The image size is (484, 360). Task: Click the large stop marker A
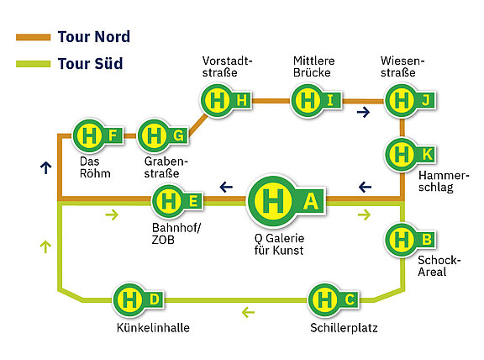pos(287,201)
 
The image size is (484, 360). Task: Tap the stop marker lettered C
pos(334,299)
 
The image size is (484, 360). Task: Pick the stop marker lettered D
pos(139,299)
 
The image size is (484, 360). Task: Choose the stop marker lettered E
pos(177,202)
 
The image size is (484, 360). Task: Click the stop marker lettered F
pos(98,135)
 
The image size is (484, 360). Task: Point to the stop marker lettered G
pos(163,135)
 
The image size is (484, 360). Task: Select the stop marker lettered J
pos(411,100)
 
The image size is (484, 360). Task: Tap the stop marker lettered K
pos(411,154)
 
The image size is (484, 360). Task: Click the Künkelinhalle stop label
pos(153,328)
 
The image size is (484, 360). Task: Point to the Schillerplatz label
pos(344,328)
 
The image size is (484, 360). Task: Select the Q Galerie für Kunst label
pos(279,244)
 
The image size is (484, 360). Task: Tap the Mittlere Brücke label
pos(314,66)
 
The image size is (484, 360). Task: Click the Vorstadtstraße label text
pos(227,66)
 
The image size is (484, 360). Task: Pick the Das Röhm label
pos(95,167)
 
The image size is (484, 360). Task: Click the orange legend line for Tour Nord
pos(34,37)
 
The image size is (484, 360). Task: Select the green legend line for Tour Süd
pos(34,64)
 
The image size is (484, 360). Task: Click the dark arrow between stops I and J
pos(363,112)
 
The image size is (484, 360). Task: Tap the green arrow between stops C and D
pos(248,312)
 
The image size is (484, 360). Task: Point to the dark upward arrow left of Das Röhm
pos(45,167)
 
